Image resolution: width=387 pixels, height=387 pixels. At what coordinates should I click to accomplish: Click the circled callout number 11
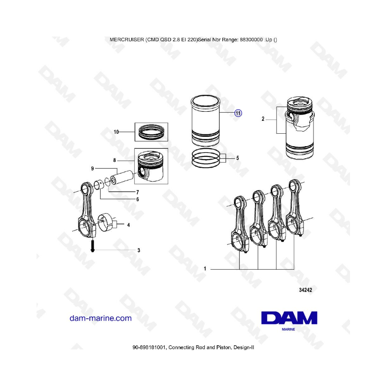(238, 113)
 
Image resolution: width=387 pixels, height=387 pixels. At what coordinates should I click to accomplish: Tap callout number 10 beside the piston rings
(116, 132)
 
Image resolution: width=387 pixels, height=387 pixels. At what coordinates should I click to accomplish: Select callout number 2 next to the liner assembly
(263, 119)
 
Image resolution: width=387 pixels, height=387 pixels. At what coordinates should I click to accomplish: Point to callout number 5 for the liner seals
(237, 158)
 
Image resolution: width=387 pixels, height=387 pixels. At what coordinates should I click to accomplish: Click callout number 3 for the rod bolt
(139, 250)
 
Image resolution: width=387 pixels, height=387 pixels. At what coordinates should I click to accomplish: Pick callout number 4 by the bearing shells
(128, 225)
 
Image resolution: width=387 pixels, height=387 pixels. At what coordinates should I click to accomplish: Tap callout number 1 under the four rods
(205, 268)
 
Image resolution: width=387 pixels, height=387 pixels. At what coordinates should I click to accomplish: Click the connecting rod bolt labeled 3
(92, 246)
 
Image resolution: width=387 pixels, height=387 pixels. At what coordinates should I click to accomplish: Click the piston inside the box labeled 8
(151, 166)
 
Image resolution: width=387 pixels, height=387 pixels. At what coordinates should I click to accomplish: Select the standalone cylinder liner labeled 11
(206, 121)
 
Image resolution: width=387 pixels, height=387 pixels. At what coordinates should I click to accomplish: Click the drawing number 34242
(306, 290)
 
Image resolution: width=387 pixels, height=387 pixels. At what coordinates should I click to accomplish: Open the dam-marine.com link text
(101, 318)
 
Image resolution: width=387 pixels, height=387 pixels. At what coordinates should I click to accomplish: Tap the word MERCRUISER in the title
(126, 40)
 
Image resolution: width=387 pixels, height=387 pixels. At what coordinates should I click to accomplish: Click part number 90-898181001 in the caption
(150, 347)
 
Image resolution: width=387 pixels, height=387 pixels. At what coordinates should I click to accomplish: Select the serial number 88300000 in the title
(251, 40)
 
